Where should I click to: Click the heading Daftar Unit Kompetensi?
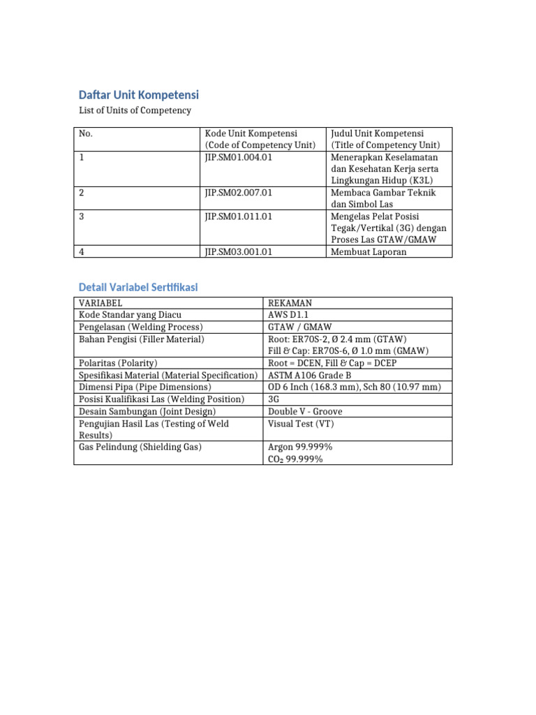[x=139, y=95]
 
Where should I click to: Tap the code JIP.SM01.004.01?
[x=238, y=157]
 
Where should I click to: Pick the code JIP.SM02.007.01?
[x=238, y=193]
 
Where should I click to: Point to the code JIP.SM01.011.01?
[x=238, y=216]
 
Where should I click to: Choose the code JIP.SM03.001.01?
[x=238, y=252]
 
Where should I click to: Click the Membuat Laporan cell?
[x=370, y=252]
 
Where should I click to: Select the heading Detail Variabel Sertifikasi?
[x=138, y=287]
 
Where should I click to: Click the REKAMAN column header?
[x=290, y=303]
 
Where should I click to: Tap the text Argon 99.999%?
[x=300, y=447]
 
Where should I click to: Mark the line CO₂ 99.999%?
[x=295, y=459]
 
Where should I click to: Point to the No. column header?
[x=87, y=133]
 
